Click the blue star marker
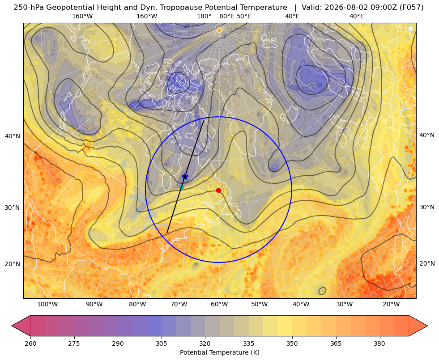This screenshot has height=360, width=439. pyautogui.click(x=185, y=177)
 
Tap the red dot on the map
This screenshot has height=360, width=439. pyautogui.click(x=219, y=190)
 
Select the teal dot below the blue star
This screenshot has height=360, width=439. pyautogui.click(x=181, y=187)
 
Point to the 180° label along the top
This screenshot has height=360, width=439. pyautogui.click(x=204, y=16)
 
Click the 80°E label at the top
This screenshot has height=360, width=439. pyautogui.click(x=227, y=16)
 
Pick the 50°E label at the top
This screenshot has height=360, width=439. pyautogui.click(x=244, y=16)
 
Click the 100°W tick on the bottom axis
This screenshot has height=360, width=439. pyautogui.click(x=47, y=305)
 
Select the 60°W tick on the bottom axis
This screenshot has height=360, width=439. pyautogui.click(x=219, y=305)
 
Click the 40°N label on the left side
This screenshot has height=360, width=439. pyautogui.click(x=13, y=136)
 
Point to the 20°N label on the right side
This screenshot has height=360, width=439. pyautogui.click(x=427, y=263)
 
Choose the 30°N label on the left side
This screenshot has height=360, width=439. pyautogui.click(x=13, y=208)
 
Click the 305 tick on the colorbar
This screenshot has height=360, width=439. pyautogui.click(x=161, y=343)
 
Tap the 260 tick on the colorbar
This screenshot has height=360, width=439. pyautogui.click(x=30, y=343)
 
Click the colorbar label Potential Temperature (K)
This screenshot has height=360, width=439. pyautogui.click(x=219, y=352)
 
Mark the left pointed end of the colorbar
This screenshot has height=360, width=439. pyautogui.click(x=12, y=326)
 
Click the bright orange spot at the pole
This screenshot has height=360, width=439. pyautogui.click(x=219, y=30)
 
